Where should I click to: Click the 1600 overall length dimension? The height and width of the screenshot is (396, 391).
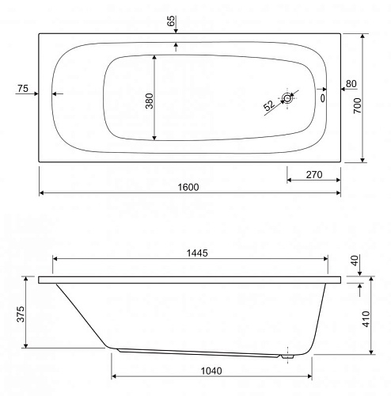(x=188, y=187)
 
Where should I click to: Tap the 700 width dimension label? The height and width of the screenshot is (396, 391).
(x=357, y=105)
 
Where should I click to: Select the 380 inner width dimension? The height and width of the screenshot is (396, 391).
(x=150, y=101)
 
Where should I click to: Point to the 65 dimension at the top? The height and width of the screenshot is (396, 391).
(x=171, y=21)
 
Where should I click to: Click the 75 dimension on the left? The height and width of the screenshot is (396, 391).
(x=23, y=88)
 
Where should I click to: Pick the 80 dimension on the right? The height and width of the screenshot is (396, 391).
(x=351, y=84)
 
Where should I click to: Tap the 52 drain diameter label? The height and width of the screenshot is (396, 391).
(x=269, y=105)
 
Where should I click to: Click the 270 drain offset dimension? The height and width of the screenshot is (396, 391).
(x=314, y=174)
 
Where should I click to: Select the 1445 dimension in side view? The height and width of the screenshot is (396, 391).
(x=197, y=253)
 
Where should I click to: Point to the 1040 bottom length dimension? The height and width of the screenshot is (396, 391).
(x=211, y=371)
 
